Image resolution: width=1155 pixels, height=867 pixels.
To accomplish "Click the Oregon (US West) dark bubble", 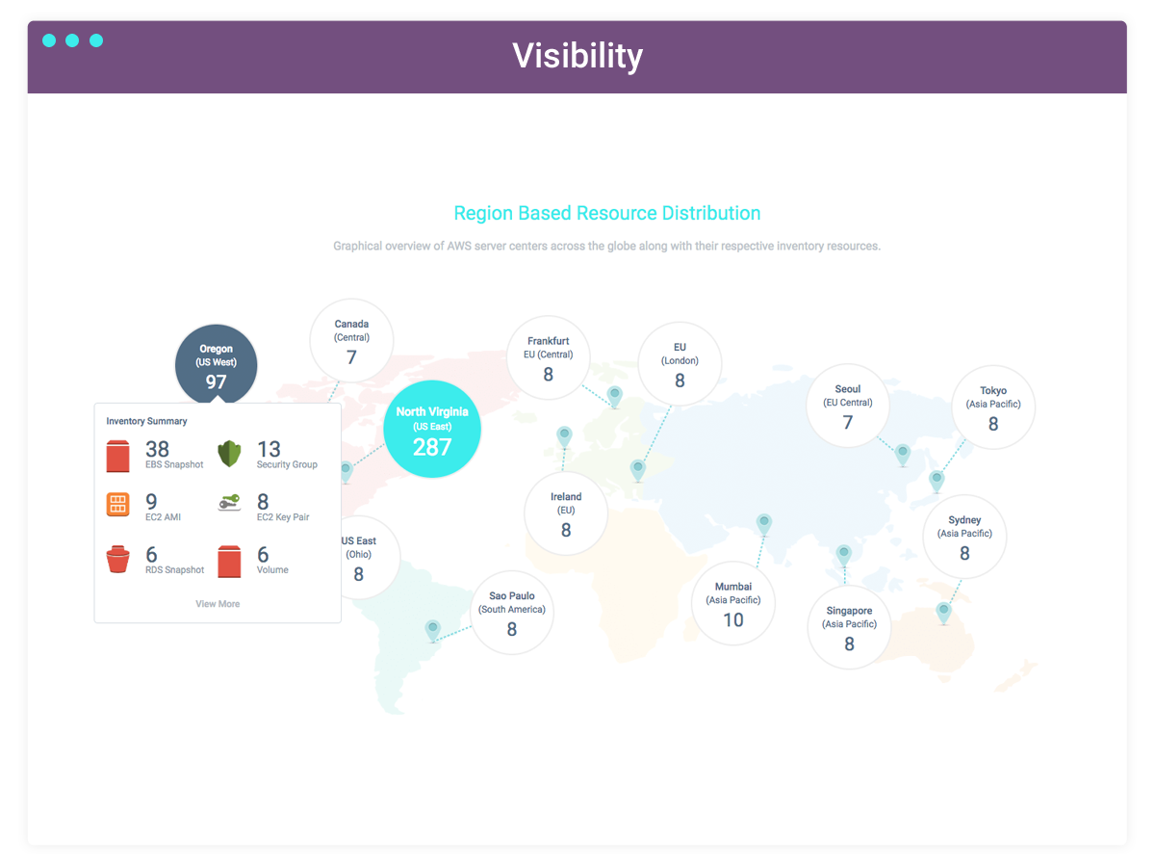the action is click(217, 365).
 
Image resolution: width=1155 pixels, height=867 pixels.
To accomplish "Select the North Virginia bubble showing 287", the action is click(432, 429).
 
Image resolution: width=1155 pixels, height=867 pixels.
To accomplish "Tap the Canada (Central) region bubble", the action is click(351, 341).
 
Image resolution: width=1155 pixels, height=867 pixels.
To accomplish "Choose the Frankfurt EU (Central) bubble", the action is click(549, 358).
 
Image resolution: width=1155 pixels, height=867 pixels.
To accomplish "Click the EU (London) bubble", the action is click(680, 364).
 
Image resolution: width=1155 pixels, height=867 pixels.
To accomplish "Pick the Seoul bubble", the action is click(848, 406).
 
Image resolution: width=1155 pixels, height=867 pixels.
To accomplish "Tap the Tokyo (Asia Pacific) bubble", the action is click(993, 407).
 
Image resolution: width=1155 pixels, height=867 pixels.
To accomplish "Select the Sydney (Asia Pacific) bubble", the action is click(964, 537).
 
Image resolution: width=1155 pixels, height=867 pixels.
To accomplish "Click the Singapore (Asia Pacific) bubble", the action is click(849, 627).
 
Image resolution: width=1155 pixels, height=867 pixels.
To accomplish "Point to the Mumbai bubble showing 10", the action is click(733, 603).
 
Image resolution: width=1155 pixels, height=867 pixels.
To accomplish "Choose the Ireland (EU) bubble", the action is click(566, 513).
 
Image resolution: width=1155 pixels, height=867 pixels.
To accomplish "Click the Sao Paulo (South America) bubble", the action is click(512, 613).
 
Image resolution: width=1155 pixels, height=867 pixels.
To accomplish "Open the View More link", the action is click(218, 604).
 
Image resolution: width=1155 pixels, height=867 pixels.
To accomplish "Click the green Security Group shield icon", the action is click(229, 454).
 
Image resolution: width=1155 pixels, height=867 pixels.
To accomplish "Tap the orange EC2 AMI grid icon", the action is click(117, 504).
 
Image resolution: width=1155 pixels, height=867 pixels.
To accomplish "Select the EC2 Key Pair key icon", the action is click(229, 503).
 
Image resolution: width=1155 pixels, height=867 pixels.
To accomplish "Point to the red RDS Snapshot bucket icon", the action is click(117, 559).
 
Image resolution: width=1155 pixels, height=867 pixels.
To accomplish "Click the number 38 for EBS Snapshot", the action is click(157, 449).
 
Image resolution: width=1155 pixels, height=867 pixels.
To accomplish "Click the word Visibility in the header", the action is click(577, 56).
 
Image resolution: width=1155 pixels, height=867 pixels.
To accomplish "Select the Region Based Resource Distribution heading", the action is click(607, 213).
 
